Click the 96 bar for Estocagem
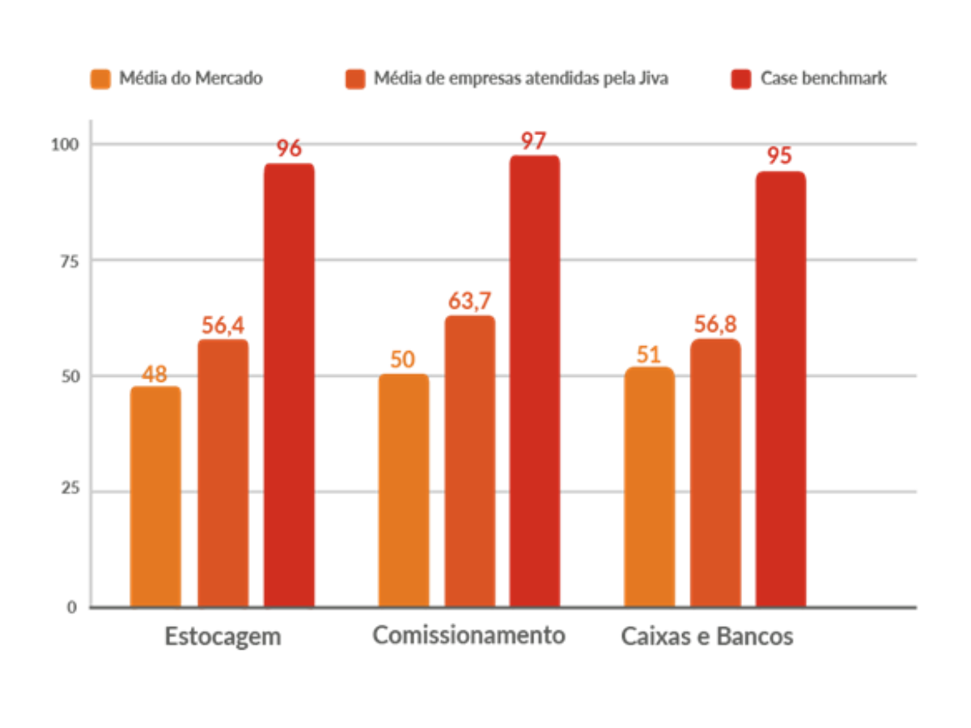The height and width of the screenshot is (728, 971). [x=289, y=384]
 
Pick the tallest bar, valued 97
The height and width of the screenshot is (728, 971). [x=535, y=380]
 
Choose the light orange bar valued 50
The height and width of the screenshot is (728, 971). [x=404, y=489]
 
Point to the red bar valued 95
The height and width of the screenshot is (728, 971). [x=781, y=388]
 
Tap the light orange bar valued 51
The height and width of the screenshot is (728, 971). [x=650, y=486]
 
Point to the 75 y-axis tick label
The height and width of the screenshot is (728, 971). [x=69, y=260]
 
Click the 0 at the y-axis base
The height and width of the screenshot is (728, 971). [x=72, y=607]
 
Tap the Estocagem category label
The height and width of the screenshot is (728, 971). [x=223, y=636]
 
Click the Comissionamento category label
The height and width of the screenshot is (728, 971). [x=469, y=636]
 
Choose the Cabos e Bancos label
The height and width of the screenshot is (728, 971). [x=706, y=636]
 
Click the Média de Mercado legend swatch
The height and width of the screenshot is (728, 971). [x=101, y=78]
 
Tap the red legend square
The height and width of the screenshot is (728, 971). [x=740, y=78]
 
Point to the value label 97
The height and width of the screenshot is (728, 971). [x=534, y=141]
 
